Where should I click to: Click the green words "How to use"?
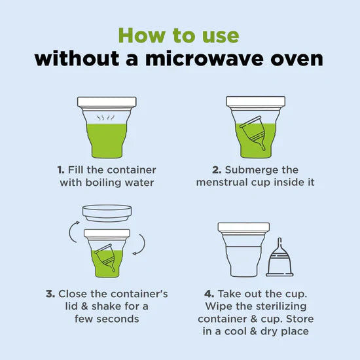(x=179, y=35)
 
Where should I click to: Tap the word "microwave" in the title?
(x=204, y=58)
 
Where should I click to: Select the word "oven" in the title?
(x=297, y=59)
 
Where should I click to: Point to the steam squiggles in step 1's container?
(x=105, y=118)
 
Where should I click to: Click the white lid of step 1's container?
(x=107, y=101)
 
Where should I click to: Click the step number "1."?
(x=61, y=170)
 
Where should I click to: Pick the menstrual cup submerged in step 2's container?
(x=253, y=132)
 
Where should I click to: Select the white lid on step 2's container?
(x=255, y=101)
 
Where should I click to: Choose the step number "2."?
(x=217, y=170)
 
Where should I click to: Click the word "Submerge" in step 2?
(x=251, y=170)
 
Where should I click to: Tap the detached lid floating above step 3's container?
(x=107, y=213)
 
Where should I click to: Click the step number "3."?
(x=50, y=294)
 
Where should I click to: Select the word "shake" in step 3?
(x=107, y=306)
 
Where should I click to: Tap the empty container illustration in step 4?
(x=243, y=249)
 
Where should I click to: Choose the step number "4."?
(x=209, y=294)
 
